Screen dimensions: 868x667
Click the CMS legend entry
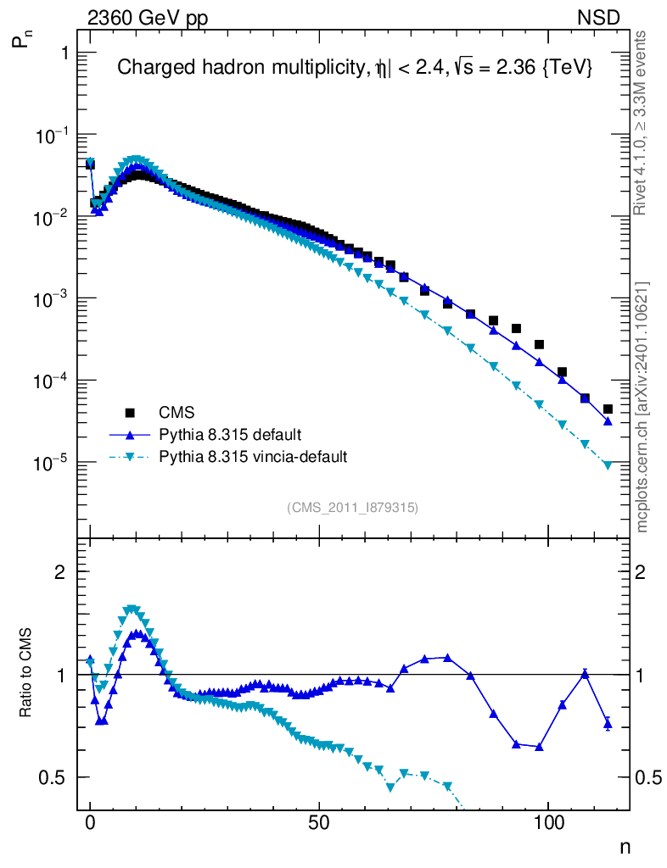177,413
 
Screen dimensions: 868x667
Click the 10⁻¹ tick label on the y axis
53,136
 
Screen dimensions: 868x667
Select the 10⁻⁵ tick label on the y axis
53,464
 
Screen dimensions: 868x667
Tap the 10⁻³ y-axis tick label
53,299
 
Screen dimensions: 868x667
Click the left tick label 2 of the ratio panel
59,572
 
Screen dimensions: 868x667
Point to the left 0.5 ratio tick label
53,777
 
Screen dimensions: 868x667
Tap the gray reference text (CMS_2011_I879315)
352,507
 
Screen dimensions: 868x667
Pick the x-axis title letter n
625,846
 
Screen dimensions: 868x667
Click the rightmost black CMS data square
608,409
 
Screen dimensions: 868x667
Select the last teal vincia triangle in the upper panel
608,465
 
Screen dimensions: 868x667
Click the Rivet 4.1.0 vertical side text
641,123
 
